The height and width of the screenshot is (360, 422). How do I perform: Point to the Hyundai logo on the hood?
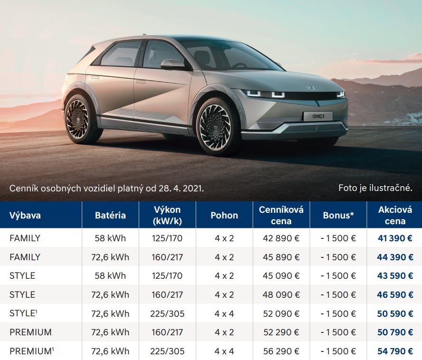coord(310,87)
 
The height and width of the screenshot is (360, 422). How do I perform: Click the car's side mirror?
coord(172,64)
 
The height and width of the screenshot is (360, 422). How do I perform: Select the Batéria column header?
coord(110,215)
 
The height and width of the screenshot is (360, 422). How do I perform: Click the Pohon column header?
coord(224,215)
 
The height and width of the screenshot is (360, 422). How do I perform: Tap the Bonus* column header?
coord(338,215)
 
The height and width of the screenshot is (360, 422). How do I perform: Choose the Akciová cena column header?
coord(395,215)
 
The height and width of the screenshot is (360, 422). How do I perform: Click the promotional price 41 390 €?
coord(395,238)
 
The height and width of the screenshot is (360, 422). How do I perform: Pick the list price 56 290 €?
coord(281,351)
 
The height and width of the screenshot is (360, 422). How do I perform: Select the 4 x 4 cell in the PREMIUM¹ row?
coord(224,351)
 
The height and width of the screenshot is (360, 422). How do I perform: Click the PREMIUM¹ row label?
coord(31,351)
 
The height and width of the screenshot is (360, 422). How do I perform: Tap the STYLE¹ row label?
coord(23,313)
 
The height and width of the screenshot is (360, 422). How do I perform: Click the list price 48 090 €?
coord(281,295)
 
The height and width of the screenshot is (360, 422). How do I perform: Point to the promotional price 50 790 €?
coord(395,332)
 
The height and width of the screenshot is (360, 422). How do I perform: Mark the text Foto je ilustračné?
coord(375,188)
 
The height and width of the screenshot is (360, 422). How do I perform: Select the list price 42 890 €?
coord(281,238)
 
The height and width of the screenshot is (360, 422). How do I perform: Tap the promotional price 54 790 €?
coord(395,351)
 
